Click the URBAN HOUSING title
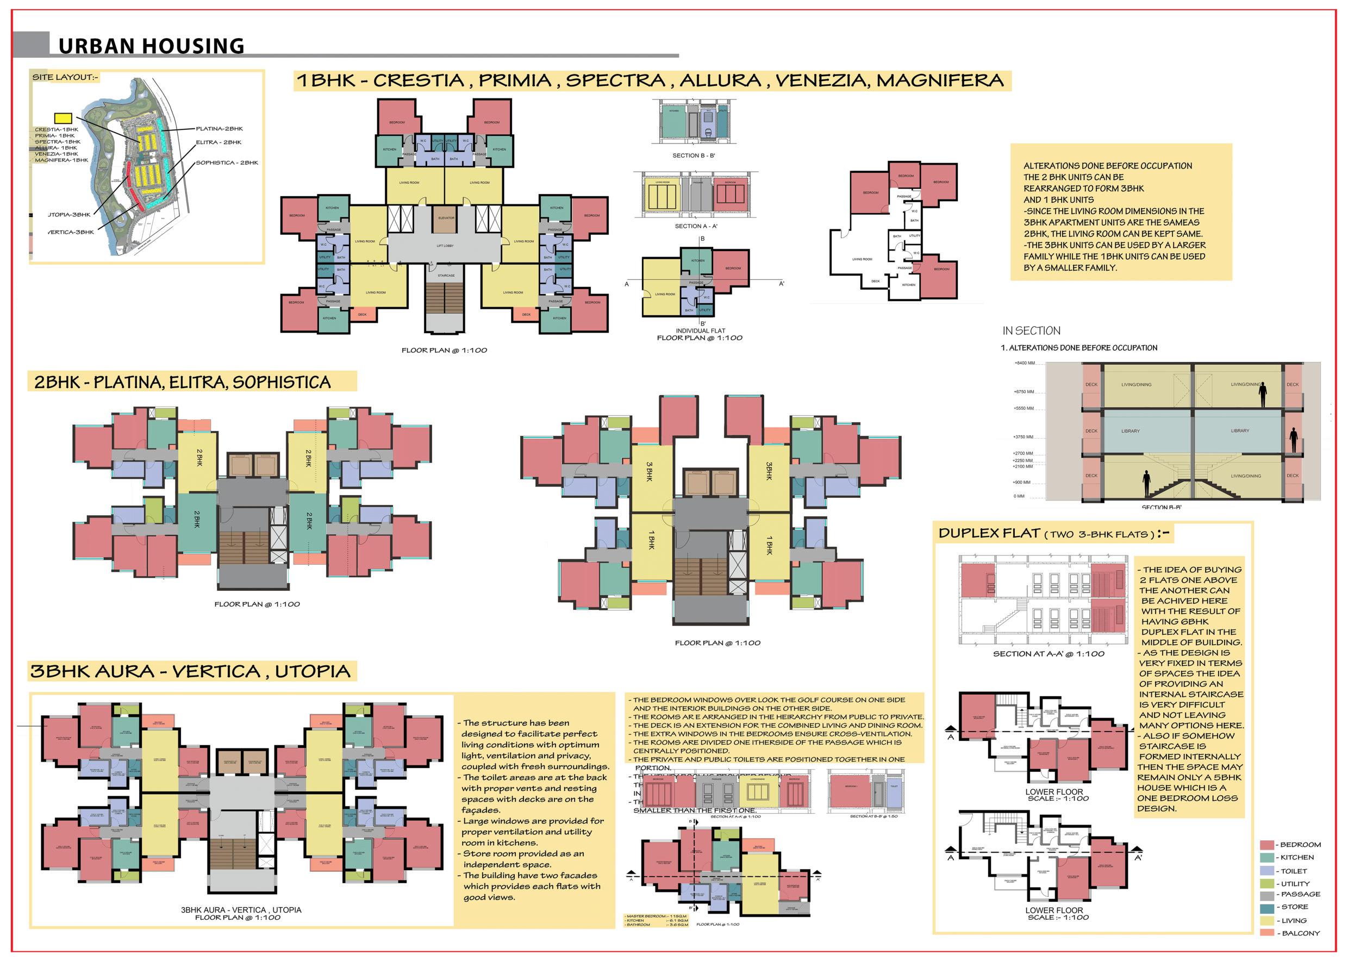151,46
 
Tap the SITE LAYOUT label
65,78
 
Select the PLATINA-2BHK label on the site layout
219,128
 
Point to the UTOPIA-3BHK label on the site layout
70,215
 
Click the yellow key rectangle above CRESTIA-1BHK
63,118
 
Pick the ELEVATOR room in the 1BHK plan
446,218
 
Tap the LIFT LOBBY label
445,246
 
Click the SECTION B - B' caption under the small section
694,155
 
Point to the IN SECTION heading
1031,331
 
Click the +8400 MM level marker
1024,363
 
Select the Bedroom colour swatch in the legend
1267,845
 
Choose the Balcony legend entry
1300,933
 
